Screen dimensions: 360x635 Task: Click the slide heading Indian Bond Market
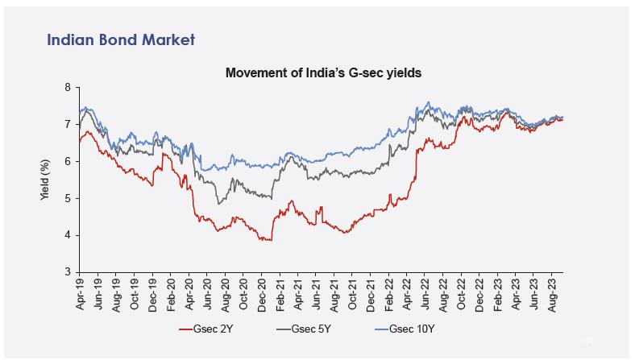(121, 39)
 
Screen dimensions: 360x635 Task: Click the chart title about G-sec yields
(324, 73)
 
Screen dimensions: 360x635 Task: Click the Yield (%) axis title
(46, 180)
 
